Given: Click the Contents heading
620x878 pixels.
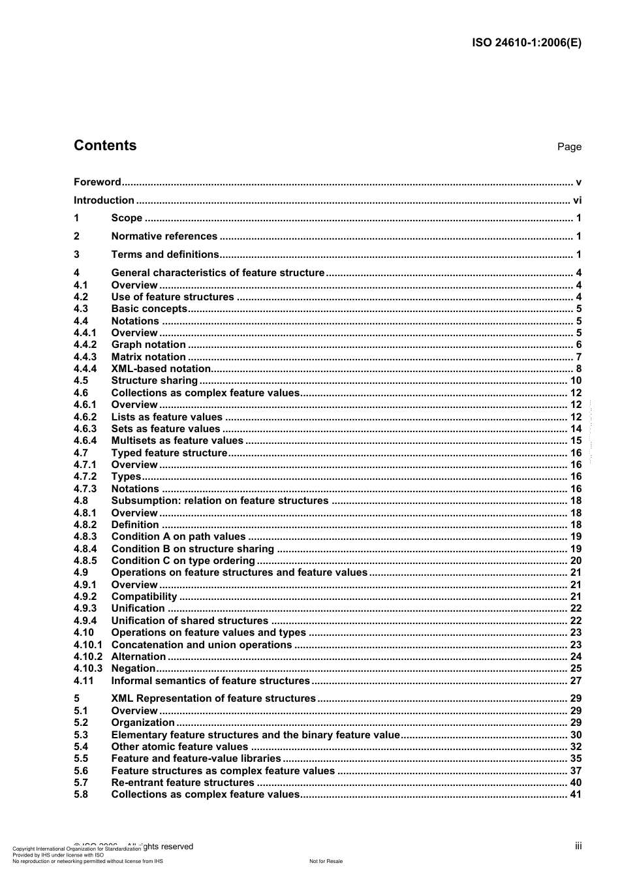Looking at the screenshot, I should [105, 146].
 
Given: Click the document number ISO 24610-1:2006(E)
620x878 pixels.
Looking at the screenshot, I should [526, 43].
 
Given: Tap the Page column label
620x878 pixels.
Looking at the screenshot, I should [569, 147].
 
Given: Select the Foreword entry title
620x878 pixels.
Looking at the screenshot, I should [97, 182].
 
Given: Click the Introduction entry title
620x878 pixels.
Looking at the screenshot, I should [104, 200].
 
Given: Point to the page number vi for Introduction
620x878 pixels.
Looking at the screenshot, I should [576, 200].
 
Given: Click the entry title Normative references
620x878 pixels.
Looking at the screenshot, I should [164, 236].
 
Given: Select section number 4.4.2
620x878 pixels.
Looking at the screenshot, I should [85, 345].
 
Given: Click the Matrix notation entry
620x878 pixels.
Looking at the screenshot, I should [148, 357].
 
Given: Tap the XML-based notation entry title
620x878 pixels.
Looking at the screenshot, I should [161, 369].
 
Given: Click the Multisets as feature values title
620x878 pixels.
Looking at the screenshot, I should [177, 441].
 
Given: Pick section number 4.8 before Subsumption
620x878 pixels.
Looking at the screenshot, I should [80, 501].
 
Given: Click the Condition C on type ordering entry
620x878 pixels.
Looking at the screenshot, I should [183, 561].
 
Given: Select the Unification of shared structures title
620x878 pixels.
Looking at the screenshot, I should [189, 621].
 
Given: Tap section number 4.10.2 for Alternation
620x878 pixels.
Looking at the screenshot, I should [87, 657].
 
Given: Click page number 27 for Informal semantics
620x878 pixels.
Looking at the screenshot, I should [576, 680].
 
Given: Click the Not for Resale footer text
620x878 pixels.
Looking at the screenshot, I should [326, 861].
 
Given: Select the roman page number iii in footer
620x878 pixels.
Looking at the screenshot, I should [578, 846].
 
